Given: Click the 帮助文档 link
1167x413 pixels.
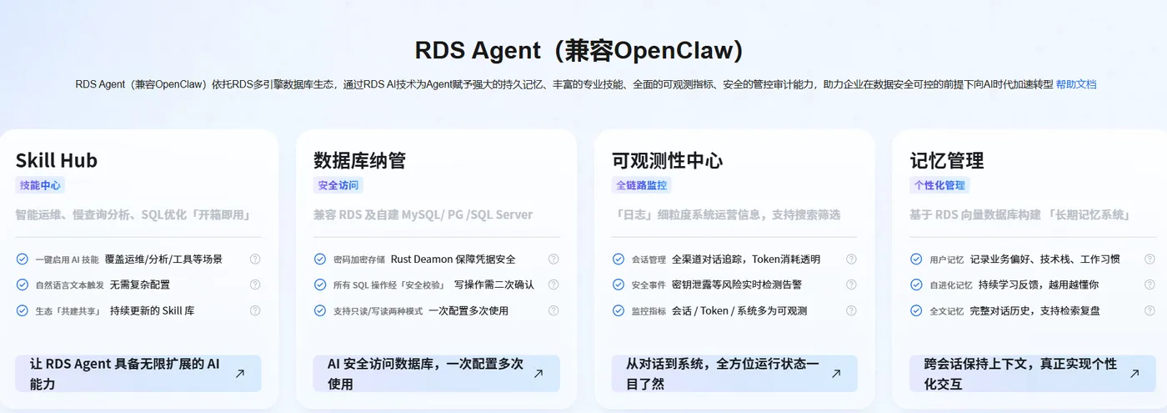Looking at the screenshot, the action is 1076,84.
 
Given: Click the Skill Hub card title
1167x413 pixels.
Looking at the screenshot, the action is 57,160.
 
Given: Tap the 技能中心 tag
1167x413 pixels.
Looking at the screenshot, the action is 40,185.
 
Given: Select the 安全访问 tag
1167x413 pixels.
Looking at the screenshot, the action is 338,185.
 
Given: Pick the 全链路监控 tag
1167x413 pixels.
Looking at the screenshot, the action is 641,185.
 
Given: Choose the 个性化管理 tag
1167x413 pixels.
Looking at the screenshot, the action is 939,185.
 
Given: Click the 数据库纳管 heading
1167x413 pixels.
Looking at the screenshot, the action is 359,160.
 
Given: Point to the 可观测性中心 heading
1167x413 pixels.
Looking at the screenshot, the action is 668,160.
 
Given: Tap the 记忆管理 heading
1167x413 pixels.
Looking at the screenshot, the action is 947,160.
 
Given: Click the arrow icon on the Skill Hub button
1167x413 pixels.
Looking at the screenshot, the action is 240,374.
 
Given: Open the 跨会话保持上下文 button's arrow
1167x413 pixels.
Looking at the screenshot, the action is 1134,374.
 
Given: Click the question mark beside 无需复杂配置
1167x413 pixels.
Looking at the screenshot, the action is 255,285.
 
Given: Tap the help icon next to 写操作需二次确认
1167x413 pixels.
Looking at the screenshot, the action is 553,285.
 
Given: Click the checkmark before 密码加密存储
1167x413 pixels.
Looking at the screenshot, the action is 320,259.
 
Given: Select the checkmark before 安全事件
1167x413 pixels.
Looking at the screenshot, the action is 618,285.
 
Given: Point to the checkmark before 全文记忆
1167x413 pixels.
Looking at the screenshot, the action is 916,310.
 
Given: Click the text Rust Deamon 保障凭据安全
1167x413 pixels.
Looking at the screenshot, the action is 453,259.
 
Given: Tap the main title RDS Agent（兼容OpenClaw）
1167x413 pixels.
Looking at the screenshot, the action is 578,51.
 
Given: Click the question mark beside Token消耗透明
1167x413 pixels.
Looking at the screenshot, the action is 851,259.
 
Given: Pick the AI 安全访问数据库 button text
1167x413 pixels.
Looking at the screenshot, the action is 425,374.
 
